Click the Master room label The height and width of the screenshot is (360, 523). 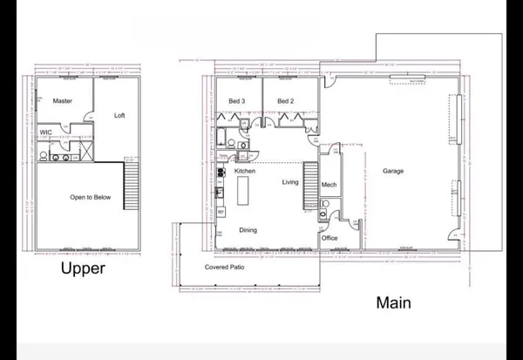coord(62,101)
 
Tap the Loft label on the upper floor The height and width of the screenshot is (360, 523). coord(120,115)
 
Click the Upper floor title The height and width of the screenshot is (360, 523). coord(83,268)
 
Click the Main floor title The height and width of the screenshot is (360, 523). coord(393,302)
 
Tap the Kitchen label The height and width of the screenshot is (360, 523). coord(245,172)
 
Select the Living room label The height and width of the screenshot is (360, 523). coord(290,182)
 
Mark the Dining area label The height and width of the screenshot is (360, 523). coord(248,230)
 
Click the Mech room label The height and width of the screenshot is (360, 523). coord(329,185)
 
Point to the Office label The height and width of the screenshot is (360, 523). coord(329,237)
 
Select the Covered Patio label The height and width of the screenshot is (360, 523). coord(224,266)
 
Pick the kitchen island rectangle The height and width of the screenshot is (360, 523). coord(243,191)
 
